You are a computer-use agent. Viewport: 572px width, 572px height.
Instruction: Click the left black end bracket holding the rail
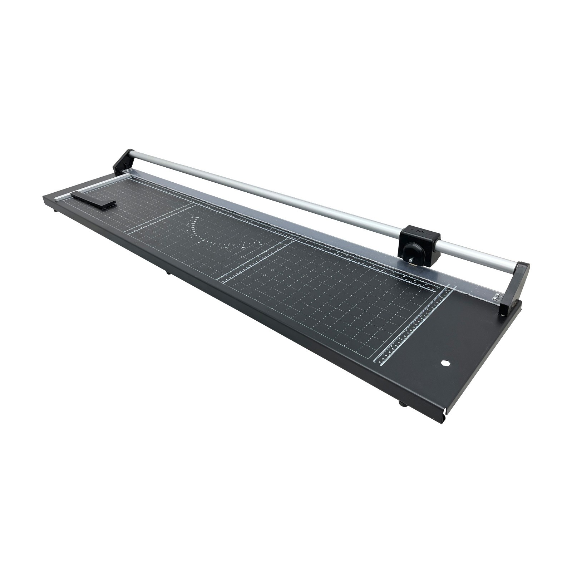click(123, 162)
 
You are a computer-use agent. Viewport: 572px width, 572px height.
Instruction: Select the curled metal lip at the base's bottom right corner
click(444, 418)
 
